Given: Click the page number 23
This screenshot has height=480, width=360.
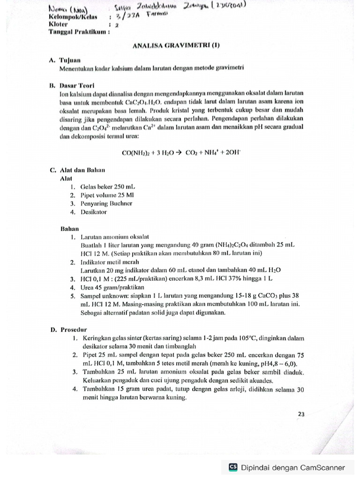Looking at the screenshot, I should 301,414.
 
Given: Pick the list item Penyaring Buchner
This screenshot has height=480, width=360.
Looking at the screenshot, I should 106,203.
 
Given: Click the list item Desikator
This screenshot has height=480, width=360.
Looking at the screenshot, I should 94,212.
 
